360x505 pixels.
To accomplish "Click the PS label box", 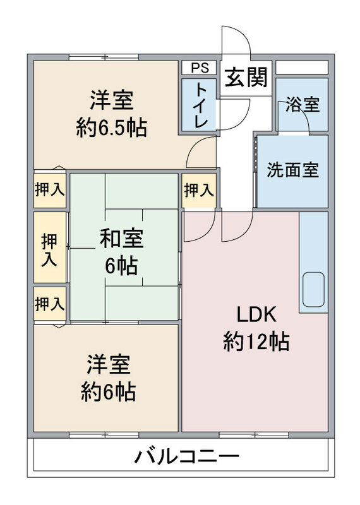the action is pos(199,68).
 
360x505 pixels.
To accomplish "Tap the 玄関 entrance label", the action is pos(246,77).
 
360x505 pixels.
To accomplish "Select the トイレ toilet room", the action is pos(199,105).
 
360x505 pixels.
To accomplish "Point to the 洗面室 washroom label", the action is pos(292,169).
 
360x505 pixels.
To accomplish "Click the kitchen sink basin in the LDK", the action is pos(313,290).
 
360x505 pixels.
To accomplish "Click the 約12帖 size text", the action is pos(256,342).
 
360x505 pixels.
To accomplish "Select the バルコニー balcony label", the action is pos(186,456).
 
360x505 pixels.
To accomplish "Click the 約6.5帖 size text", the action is pos(112,128).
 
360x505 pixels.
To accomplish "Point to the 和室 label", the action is pos(121,239).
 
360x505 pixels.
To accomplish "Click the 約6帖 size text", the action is pos(108,392).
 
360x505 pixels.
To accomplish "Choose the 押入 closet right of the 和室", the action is pos(199,191).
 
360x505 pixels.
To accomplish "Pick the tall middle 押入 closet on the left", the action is pos(50,247).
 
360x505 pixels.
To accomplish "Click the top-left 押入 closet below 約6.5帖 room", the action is pos(50,189).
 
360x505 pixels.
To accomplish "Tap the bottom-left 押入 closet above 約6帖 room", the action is pos(50,304).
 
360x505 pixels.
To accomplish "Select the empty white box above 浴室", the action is pos(302,68).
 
